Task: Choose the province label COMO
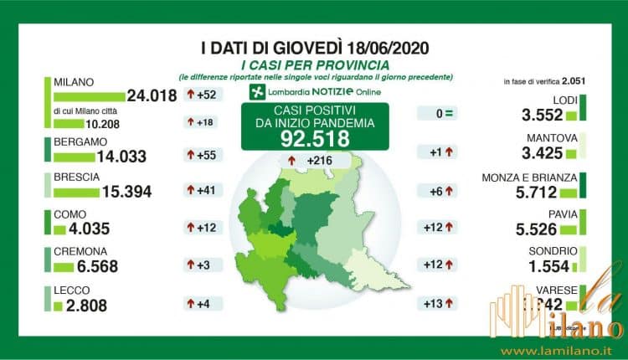69,215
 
